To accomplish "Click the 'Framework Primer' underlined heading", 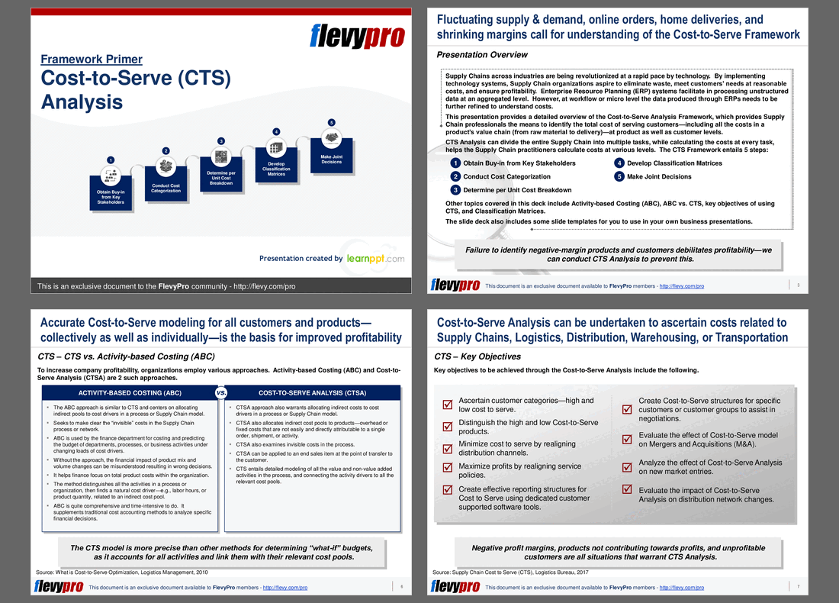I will click(x=91, y=60).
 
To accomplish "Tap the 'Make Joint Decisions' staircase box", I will click(x=331, y=160).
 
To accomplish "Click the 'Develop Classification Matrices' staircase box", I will click(x=276, y=169).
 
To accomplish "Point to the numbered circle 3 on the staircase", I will click(x=220, y=141).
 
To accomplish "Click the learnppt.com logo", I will click(x=374, y=259).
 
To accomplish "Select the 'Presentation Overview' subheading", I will click(x=481, y=55).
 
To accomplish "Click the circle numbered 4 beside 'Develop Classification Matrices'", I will click(x=619, y=163).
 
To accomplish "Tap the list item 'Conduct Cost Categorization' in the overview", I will click(x=506, y=176).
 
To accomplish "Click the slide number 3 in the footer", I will click(x=797, y=285).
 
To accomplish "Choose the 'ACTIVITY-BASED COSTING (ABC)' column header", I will click(x=130, y=393).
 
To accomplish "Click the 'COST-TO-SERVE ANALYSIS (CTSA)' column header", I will click(x=312, y=393).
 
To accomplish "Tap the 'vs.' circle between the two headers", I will click(x=221, y=392).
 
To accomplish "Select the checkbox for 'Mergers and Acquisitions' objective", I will click(x=627, y=438).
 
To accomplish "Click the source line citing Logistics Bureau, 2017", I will click(x=508, y=572).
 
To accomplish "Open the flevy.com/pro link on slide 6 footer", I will click(x=284, y=587).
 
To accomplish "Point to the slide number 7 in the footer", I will click(x=798, y=586).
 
